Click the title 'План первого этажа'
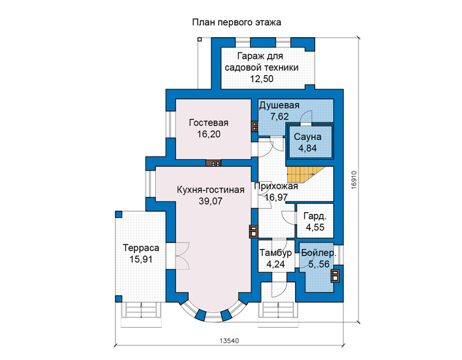236,22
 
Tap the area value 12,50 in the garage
261,79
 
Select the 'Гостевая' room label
209,123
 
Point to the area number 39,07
211,201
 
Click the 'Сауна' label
308,137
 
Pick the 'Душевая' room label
279,105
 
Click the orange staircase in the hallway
305,174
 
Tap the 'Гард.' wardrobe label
315,217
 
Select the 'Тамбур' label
275,253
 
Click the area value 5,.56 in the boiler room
319,264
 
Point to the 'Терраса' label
141,248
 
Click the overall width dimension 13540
229,341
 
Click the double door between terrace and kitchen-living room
182,256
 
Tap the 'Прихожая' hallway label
276,186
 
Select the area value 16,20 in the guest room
209,134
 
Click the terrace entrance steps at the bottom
141,314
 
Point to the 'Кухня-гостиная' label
211,190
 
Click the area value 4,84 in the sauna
308,148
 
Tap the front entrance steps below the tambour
279,314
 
